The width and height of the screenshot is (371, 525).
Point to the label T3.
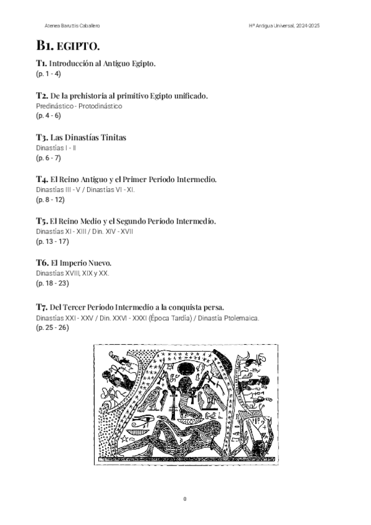(41, 136)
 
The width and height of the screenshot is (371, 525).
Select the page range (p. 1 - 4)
(48, 74)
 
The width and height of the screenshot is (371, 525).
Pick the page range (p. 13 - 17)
(52, 241)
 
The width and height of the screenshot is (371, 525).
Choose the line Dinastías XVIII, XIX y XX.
(72, 273)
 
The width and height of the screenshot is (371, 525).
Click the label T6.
(42, 263)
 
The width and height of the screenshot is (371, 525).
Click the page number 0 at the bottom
(185, 499)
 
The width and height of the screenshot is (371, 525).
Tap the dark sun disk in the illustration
(184, 370)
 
